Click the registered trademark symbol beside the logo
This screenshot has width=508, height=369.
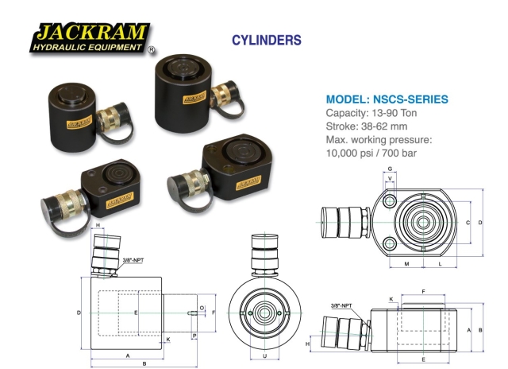click(151, 50)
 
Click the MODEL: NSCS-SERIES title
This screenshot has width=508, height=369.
click(387, 99)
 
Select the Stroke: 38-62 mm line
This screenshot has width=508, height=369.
click(367, 126)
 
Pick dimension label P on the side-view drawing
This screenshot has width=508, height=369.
click(194, 336)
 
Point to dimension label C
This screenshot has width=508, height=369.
click(468, 222)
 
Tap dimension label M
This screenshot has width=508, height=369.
click(406, 262)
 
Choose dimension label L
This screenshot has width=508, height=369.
click(441, 262)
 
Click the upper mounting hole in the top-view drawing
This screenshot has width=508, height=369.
click(390, 204)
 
